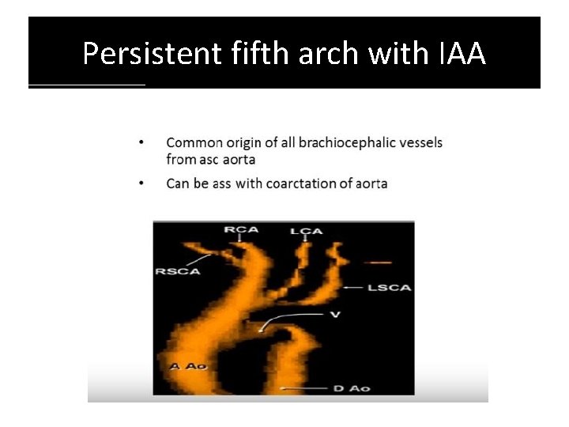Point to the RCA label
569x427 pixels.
240,230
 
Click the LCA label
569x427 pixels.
305,230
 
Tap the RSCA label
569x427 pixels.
178,273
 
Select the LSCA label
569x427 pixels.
390,288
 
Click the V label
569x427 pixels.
335,315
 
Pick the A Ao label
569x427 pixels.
188,366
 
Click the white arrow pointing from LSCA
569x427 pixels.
353,288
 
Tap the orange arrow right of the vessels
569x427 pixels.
379,261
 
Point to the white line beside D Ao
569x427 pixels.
304,388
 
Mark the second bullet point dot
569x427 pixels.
141,183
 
